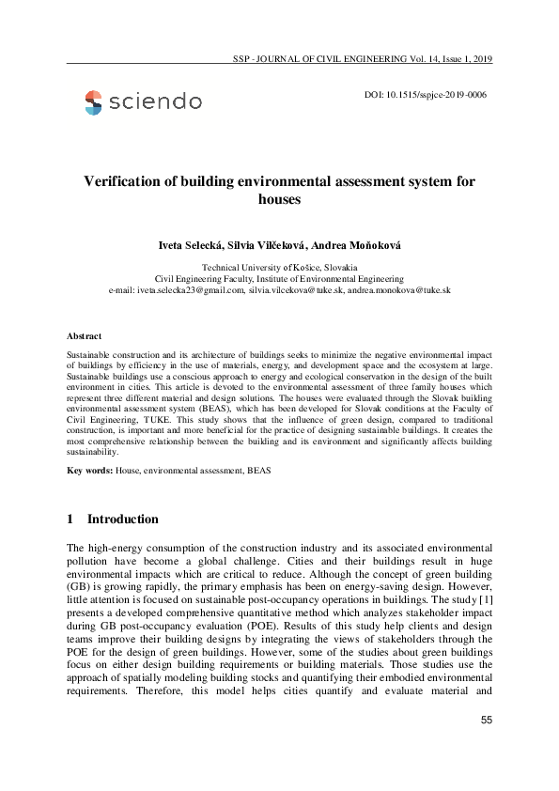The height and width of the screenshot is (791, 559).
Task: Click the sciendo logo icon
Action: pyautogui.click(x=93, y=102)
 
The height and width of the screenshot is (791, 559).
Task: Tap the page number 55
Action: pyautogui.click(x=486, y=721)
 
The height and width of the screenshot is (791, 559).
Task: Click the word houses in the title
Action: pyautogui.click(x=279, y=199)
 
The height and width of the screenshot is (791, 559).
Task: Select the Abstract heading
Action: pyautogui.click(x=85, y=335)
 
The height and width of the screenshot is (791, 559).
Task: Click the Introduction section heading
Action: pyautogui.click(x=122, y=520)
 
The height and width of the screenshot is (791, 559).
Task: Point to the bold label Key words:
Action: pyautogui.click(x=90, y=469)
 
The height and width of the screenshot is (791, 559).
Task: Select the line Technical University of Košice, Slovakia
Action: pyautogui.click(x=279, y=268)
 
